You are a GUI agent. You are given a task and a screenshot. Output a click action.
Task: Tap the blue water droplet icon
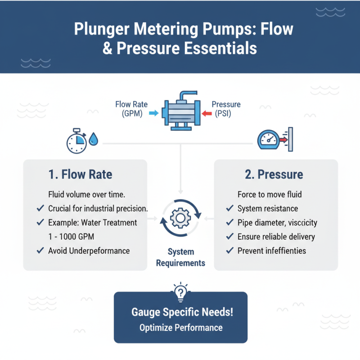[93, 139]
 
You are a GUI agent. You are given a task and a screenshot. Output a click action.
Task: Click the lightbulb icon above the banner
[180, 292]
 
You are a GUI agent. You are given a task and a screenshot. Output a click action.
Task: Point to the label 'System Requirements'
[180, 257]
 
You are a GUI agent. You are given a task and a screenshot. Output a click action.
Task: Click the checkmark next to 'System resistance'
[230, 209]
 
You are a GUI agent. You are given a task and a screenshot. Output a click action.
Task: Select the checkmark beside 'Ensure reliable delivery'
[230, 237]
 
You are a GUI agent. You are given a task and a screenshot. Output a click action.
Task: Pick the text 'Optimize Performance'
[180, 327]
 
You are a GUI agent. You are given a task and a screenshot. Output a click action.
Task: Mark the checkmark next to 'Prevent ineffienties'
[230, 251]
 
